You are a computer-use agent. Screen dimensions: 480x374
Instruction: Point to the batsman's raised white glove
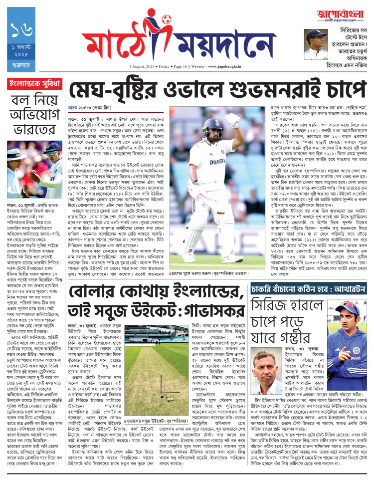pos(233,120)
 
